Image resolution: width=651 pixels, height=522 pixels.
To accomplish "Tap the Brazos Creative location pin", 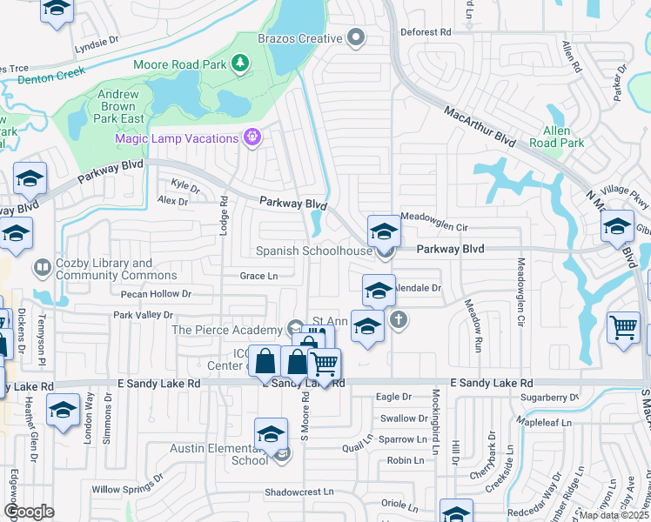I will [355, 37].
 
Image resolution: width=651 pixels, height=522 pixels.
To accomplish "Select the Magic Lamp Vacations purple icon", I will [252, 137].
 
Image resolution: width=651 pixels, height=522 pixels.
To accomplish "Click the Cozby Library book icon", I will [41, 266].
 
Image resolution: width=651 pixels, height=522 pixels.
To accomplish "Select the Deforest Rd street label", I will [426, 32].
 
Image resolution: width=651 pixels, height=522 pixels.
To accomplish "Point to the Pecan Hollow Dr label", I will [156, 294].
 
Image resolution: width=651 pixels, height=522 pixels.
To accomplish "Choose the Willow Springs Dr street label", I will [128, 489].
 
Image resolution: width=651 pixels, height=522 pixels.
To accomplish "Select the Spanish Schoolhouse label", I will [313, 251].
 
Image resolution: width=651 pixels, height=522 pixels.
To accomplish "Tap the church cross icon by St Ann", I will [399, 320].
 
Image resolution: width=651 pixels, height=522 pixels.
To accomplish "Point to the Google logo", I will [29, 512].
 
